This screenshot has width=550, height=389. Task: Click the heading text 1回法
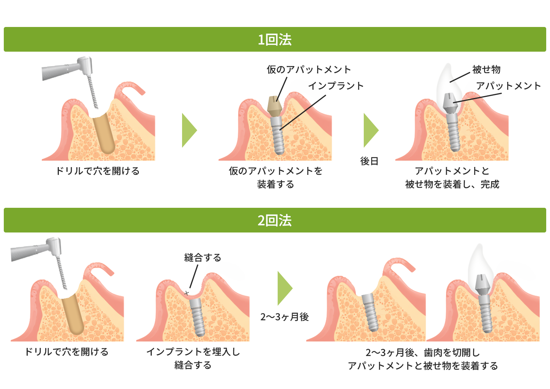point(275,40)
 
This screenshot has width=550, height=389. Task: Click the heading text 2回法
point(275,220)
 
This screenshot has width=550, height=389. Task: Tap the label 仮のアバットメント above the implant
point(309,70)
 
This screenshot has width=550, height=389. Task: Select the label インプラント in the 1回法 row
point(336,86)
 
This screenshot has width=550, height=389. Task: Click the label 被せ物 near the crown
point(486,70)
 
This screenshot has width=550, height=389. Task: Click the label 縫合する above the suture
point(203,258)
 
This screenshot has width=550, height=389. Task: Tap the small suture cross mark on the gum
point(187,293)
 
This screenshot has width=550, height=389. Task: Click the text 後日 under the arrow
point(369,161)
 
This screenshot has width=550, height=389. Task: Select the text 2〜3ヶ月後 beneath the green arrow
point(284,317)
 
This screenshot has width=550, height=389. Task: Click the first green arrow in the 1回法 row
point(189,130)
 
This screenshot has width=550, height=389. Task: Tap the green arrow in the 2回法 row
point(284,288)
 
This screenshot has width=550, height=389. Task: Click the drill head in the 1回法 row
point(85,66)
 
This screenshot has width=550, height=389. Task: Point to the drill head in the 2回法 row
point(55,247)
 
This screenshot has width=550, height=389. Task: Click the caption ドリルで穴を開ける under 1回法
point(97,171)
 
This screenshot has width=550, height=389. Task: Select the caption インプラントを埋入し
point(193,352)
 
